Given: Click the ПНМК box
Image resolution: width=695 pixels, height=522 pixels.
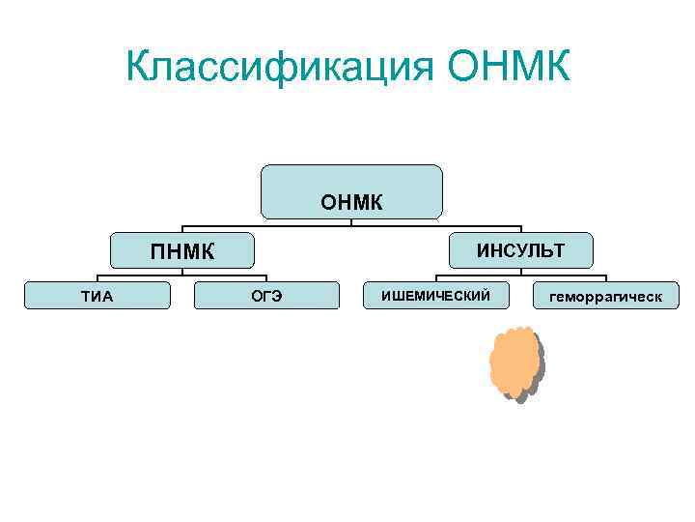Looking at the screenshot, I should click(x=181, y=251).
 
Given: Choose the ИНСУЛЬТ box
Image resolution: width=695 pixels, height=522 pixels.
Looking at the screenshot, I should click(x=521, y=251).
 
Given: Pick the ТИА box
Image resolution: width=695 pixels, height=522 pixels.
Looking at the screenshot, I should click(x=97, y=296).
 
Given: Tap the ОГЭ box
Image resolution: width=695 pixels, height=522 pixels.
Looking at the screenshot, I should click(x=266, y=296).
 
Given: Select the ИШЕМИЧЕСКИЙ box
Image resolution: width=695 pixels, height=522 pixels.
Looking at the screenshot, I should click(x=435, y=295).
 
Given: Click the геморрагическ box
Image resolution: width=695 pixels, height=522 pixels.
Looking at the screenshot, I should click(x=605, y=296).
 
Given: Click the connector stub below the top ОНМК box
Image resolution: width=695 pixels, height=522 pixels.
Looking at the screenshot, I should click(x=351, y=222).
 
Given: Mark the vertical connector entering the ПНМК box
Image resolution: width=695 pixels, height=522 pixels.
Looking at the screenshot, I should click(x=181, y=229).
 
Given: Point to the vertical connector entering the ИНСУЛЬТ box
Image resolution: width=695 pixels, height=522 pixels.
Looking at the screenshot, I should click(x=521, y=229).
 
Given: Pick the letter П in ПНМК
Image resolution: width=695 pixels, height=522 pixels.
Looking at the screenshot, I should click(x=158, y=252).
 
